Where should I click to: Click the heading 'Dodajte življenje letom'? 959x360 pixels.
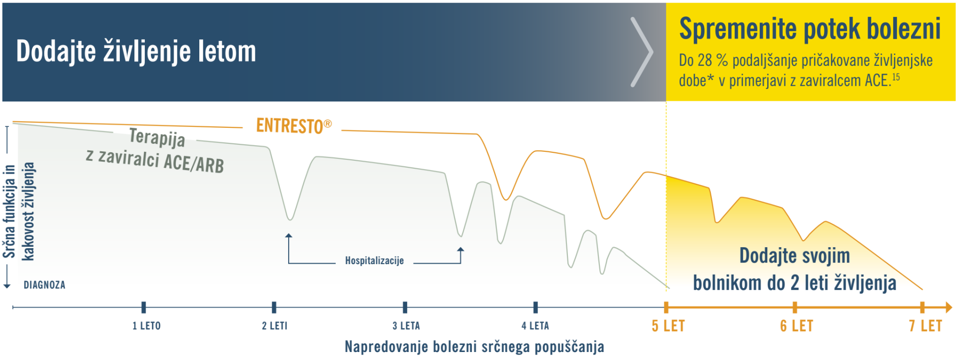tap(136, 51)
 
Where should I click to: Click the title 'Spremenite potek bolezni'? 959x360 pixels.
tap(810, 29)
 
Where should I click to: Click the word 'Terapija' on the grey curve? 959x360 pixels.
tap(157, 137)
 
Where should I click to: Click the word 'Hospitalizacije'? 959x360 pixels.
tap(374, 261)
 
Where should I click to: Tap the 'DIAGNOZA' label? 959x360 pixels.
tap(44, 285)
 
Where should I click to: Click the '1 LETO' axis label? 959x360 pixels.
tap(146, 326)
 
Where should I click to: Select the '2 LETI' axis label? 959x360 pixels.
tap(275, 326)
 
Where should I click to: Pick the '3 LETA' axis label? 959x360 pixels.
tap(406, 326)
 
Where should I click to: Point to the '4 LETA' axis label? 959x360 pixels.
tap(535, 326)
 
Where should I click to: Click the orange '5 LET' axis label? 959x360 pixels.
tap(668, 326)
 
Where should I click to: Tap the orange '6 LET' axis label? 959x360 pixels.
tap(797, 326)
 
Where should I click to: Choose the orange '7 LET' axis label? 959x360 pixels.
tap(925, 326)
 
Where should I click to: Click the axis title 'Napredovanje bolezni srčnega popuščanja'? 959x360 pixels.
tap(474, 347)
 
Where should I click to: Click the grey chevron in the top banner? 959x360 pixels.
tap(642, 52)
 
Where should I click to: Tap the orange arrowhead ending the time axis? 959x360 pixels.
tap(949, 308)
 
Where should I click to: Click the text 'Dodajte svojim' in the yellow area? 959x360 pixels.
tap(794, 256)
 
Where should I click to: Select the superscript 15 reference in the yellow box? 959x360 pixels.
tap(896, 77)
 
